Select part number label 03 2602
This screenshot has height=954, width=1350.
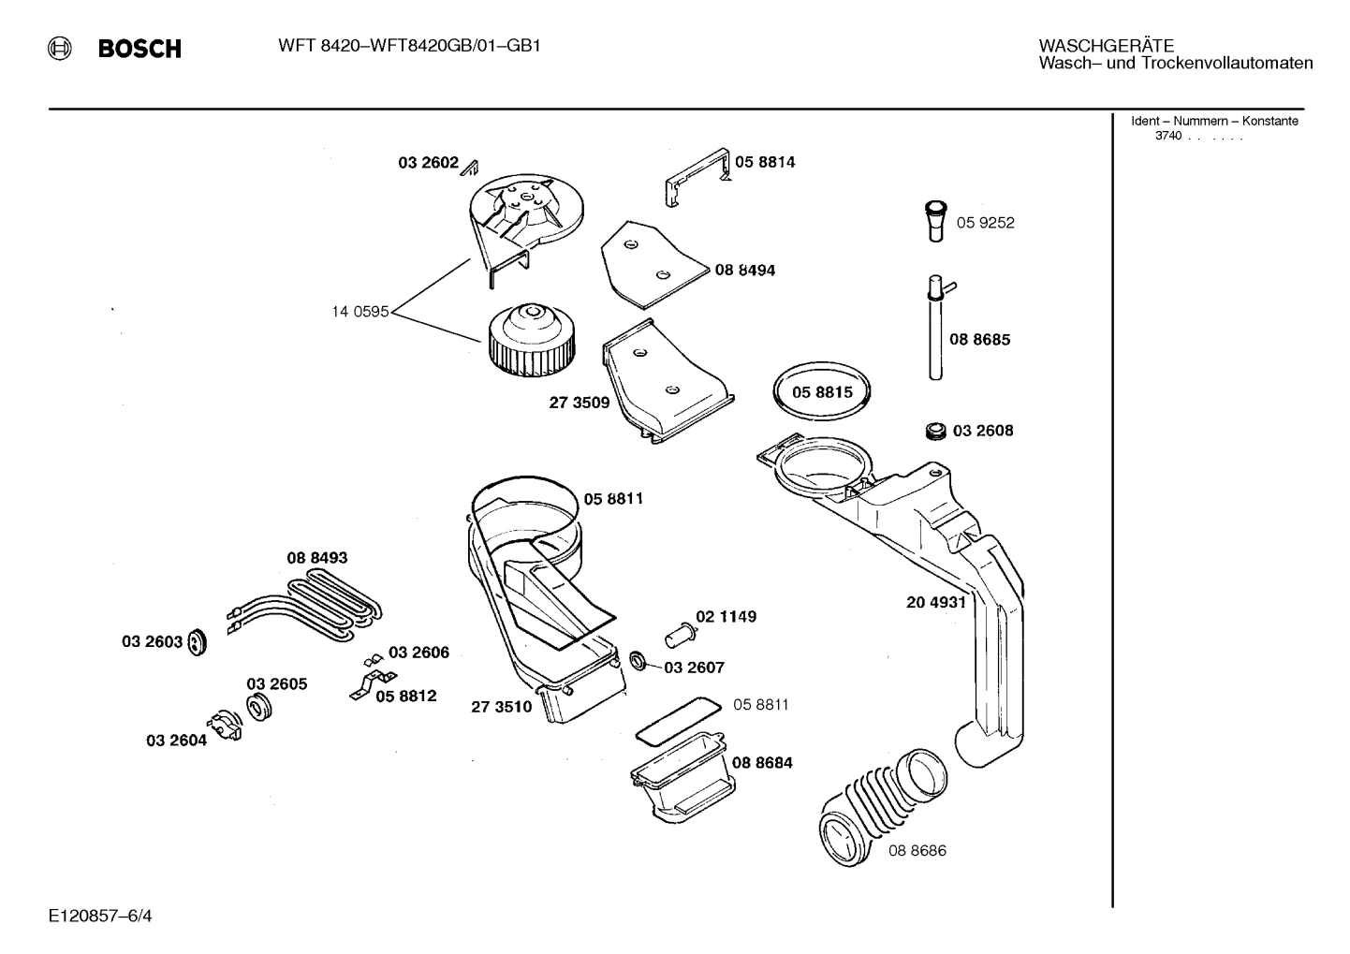click(x=428, y=163)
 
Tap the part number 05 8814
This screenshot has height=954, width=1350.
click(x=765, y=162)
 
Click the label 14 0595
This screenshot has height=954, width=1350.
click(x=360, y=312)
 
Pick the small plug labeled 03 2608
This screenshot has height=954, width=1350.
click(x=934, y=431)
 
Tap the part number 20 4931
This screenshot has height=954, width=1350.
click(x=935, y=602)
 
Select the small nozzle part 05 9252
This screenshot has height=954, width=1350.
click(x=935, y=221)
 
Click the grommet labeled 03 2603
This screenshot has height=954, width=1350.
click(x=197, y=642)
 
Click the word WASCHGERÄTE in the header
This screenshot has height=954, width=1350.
click(x=1106, y=45)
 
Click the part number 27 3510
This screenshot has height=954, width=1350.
click(x=501, y=707)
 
